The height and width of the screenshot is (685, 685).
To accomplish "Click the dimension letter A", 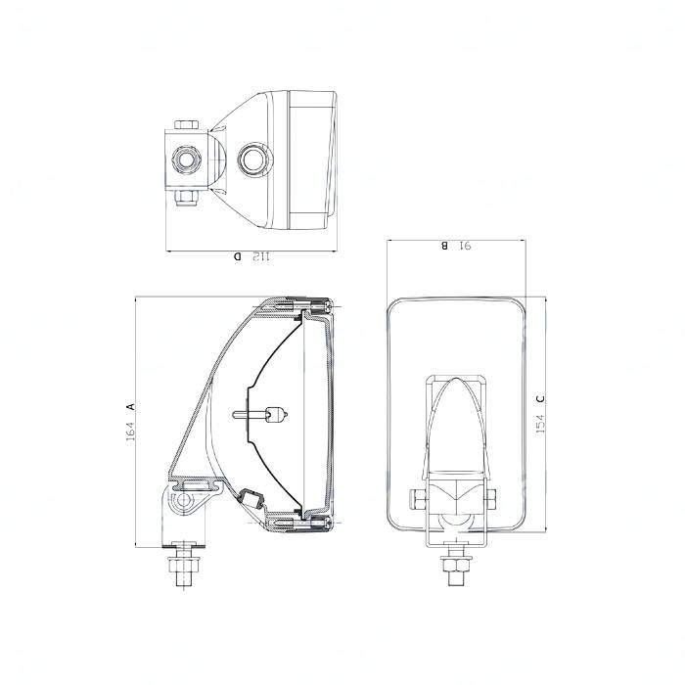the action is tap(130, 406).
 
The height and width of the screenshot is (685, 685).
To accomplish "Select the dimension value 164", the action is tap(131, 431).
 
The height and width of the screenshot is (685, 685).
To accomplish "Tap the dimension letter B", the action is tap(444, 246).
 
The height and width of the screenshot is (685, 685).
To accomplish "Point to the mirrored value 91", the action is tap(465, 246).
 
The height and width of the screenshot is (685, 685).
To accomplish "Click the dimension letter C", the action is tap(540, 398).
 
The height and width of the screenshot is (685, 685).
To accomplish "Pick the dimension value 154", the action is tap(540, 424).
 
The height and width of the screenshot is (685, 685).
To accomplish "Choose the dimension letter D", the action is tap(237, 256).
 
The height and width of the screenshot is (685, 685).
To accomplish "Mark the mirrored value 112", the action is tap(261, 256).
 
